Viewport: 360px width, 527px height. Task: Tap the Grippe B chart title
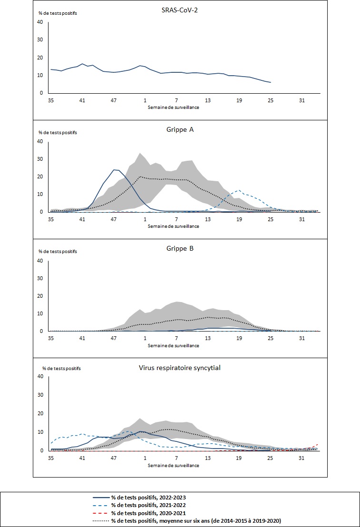[180, 248]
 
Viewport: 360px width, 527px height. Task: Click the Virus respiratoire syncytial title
[180, 367]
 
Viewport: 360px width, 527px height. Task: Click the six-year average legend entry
[195, 521]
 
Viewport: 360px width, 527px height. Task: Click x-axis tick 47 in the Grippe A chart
[114, 220]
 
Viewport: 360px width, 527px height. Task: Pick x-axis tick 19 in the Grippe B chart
[239, 339]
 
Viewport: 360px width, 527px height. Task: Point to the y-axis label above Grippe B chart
[58, 251]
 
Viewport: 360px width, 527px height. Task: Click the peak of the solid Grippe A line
[115, 169]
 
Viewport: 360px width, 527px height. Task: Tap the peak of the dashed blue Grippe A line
[239, 190]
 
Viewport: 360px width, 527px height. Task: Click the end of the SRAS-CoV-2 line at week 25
[271, 83]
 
